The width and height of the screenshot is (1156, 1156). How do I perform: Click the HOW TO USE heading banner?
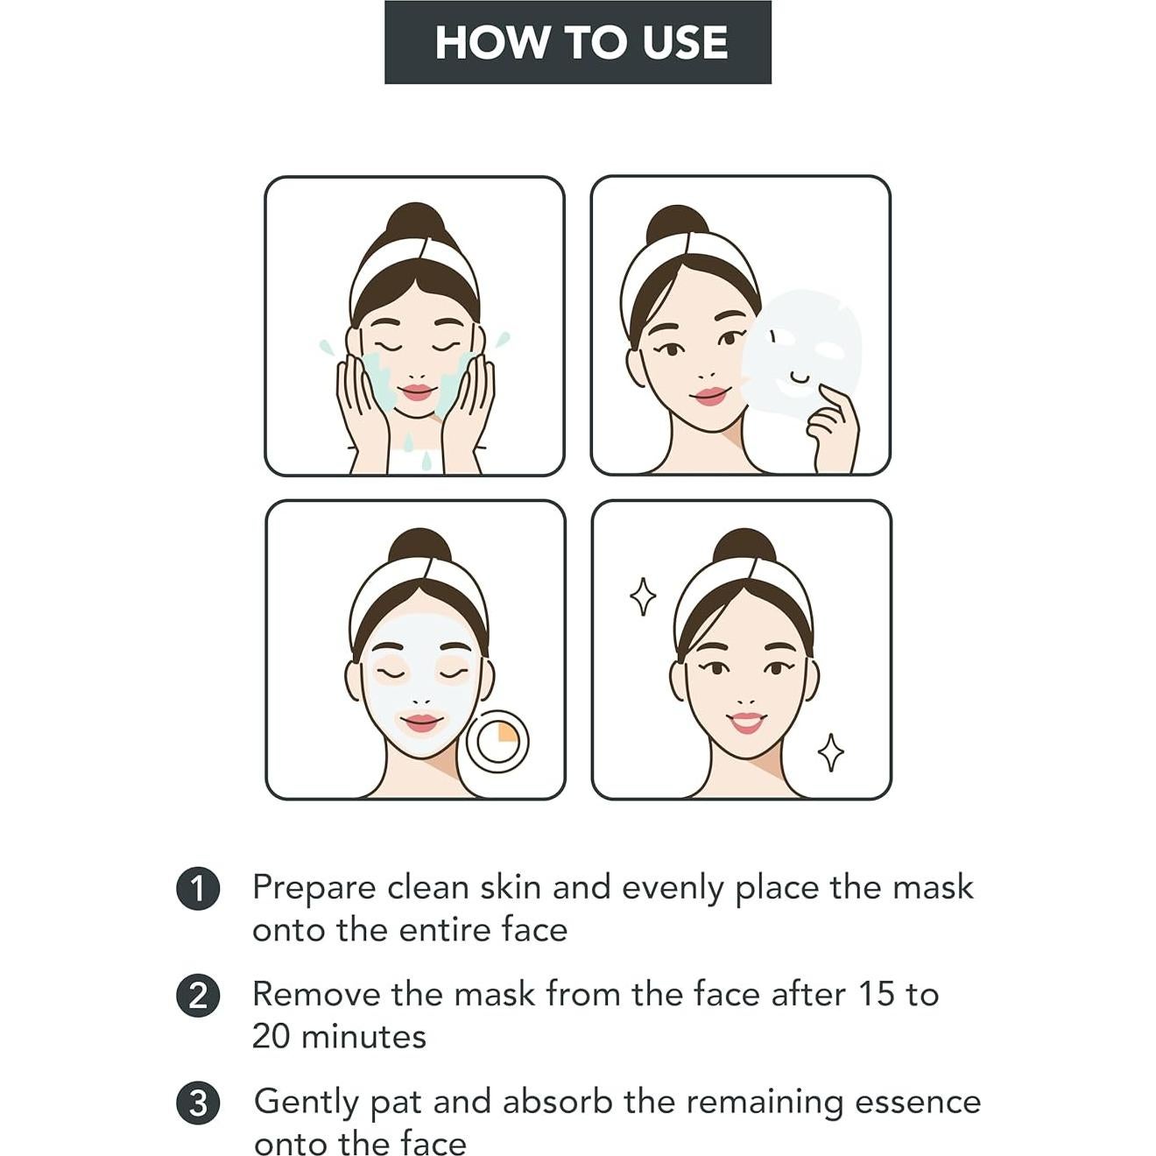point(578,42)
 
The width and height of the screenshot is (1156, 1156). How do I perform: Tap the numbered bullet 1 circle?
point(198,889)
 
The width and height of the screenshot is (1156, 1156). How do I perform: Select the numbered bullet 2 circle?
point(198,997)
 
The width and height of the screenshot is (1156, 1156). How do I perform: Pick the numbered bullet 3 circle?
point(198,1103)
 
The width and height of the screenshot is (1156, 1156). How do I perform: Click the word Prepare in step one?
point(314,888)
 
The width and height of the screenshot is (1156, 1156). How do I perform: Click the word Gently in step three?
point(306,1103)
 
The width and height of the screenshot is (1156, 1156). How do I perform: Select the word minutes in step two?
point(363,1037)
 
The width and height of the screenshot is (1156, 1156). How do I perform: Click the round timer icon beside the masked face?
point(497,741)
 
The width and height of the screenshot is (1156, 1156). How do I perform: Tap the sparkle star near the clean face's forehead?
point(643,596)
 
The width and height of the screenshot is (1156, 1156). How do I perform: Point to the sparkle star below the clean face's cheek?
point(830,752)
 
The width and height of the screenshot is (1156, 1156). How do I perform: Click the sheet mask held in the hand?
point(801,350)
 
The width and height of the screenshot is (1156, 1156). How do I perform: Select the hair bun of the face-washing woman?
point(415,224)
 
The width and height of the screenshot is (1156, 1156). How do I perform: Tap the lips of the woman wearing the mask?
point(421,722)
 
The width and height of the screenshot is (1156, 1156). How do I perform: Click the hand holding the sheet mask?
point(834,429)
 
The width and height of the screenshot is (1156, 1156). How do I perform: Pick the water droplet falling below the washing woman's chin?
point(426,460)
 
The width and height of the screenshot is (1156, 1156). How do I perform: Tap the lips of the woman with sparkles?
point(746,722)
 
